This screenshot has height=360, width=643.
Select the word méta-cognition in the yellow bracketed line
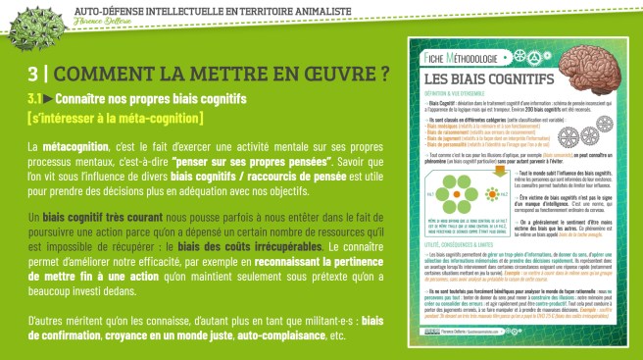coord(152,119)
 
